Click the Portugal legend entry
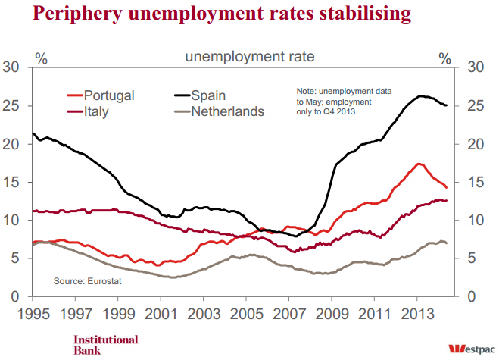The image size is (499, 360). tap(109, 95)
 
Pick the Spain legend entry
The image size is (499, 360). tap(208, 95)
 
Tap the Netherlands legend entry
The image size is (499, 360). tap(227, 112)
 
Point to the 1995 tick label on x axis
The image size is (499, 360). tap(33, 312)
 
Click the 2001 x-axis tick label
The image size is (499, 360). tap(160, 312)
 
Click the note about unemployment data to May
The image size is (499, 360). tap(344, 100)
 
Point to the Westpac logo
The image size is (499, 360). tap(469, 348)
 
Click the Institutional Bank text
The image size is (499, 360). tap(105, 344)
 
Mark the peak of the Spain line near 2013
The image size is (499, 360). tap(420, 95)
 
